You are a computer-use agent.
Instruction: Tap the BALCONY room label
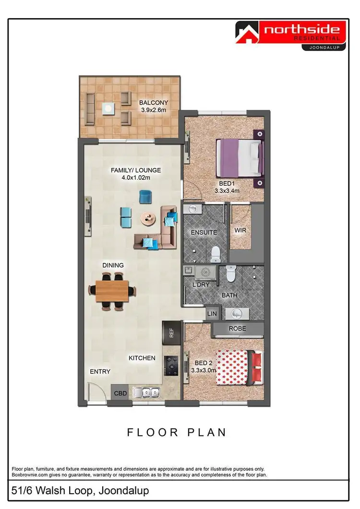(x=154, y=103)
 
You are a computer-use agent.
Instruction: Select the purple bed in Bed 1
(x=239, y=157)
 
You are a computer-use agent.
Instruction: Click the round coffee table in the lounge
(x=148, y=219)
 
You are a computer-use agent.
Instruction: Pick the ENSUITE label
(x=204, y=233)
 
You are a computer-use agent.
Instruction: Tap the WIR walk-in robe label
(x=240, y=231)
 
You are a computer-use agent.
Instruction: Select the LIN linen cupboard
(x=212, y=314)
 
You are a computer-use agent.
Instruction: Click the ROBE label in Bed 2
(x=237, y=329)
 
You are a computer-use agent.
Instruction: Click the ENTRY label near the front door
(x=100, y=372)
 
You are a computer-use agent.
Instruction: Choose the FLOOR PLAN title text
(x=176, y=432)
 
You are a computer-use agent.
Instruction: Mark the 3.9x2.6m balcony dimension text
(x=154, y=110)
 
